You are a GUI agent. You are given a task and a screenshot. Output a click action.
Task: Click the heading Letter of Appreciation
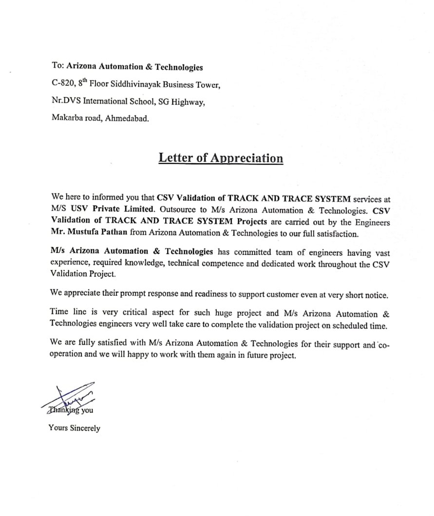(221, 158)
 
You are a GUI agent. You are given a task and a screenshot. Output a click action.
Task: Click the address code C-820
(63, 84)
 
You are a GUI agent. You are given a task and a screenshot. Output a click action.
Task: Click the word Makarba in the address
(66, 118)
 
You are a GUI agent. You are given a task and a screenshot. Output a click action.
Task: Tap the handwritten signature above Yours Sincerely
(73, 397)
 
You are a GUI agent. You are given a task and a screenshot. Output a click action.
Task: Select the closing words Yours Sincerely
(74, 428)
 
